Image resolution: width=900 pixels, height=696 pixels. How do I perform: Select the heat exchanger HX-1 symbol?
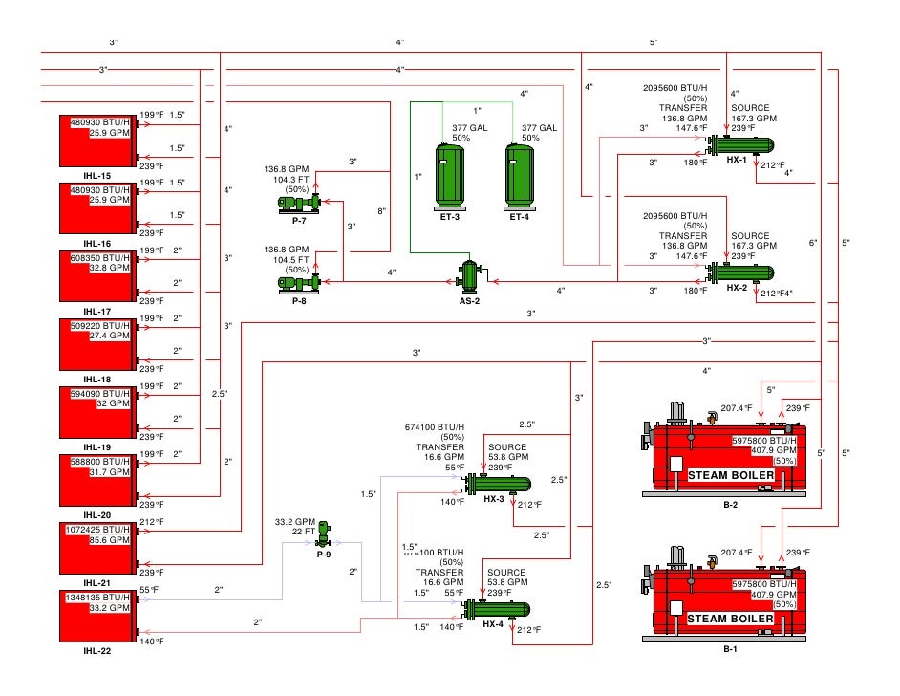739,146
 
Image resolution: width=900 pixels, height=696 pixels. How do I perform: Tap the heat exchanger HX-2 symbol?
739,272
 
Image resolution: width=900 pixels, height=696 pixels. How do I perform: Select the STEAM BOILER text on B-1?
731,620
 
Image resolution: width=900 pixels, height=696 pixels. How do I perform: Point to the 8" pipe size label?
382,211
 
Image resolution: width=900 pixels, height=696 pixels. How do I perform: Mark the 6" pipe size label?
813,243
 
